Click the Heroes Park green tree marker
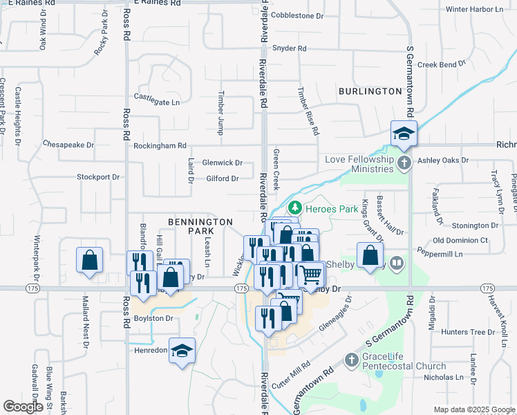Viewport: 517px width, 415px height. tap(294, 207)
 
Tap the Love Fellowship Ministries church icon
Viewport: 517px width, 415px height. tap(404, 163)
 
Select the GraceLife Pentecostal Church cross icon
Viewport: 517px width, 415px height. tap(352, 360)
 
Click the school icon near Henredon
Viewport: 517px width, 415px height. tap(182, 350)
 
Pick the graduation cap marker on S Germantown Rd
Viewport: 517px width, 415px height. tap(404, 133)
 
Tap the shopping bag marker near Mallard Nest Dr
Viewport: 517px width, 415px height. tap(90, 260)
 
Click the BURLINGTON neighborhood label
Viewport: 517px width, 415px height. tap(370, 91)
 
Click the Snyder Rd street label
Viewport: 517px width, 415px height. tap(289, 48)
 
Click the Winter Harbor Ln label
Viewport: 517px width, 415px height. tap(475, 9)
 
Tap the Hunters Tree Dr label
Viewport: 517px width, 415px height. tap(464, 332)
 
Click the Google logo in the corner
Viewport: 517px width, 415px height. tap(23, 407)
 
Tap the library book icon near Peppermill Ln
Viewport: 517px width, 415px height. tap(397, 263)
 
